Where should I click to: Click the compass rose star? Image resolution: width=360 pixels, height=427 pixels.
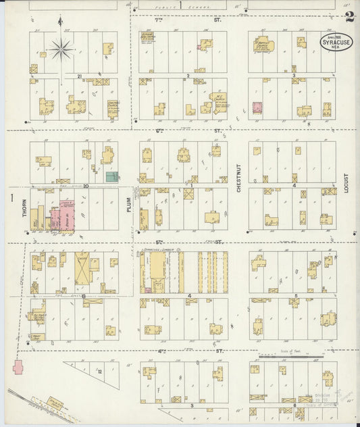[x=61, y=48]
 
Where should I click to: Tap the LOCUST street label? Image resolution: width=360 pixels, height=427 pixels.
[x=345, y=182]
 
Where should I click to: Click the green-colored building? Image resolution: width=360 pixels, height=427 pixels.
[x=112, y=176]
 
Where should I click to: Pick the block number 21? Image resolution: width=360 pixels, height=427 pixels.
[x=79, y=76]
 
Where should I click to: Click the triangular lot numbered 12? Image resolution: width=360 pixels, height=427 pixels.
[x=97, y=371]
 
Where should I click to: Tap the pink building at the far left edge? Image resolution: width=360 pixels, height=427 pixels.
[x=17, y=368]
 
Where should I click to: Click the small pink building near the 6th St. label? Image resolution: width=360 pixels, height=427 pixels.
[x=257, y=107]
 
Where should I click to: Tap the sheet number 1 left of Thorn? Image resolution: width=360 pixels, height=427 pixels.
[x=12, y=197]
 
